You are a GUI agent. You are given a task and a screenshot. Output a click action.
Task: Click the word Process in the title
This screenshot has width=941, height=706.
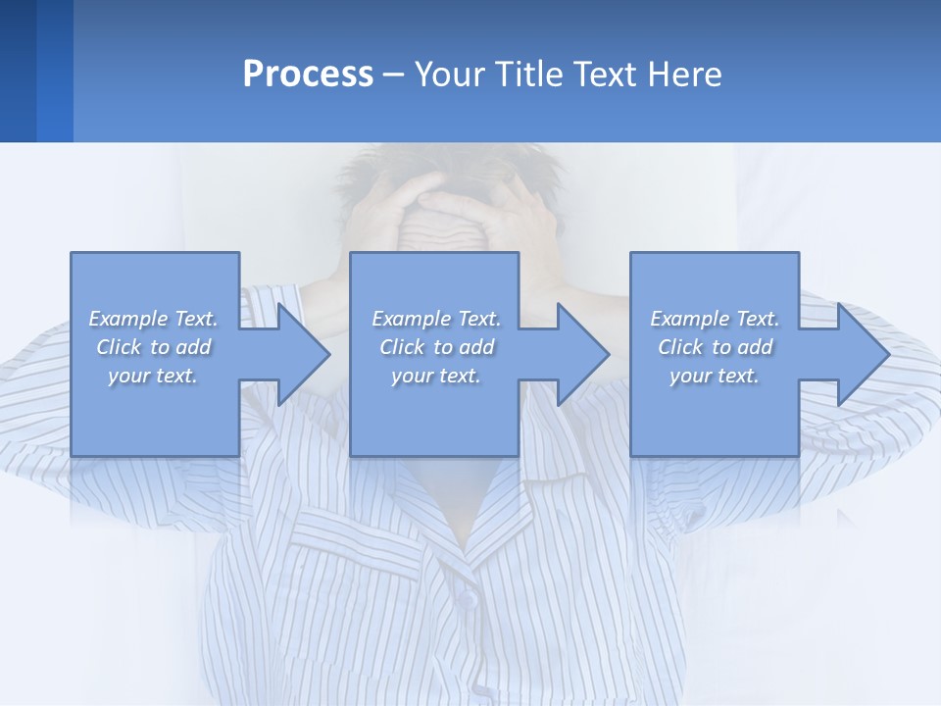click(x=308, y=75)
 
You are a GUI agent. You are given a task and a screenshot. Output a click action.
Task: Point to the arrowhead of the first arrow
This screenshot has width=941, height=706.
click(x=304, y=354)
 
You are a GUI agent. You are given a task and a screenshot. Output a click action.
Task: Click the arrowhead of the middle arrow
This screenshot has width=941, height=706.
click(x=583, y=354)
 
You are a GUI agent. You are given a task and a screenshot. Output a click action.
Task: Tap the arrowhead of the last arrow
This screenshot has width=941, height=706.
click(x=863, y=354)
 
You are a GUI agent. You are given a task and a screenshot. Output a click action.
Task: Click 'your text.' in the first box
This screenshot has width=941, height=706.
click(x=153, y=376)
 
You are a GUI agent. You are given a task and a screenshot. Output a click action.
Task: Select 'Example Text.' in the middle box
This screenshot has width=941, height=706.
click(x=436, y=319)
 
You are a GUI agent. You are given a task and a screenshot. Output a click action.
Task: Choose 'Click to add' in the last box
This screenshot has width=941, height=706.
click(x=716, y=347)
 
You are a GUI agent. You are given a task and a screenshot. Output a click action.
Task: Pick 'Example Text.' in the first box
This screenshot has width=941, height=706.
click(x=153, y=319)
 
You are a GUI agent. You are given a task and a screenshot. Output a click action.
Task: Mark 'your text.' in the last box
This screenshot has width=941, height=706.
click(x=715, y=376)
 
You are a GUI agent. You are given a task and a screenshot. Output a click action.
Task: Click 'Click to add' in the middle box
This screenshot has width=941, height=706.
click(x=436, y=347)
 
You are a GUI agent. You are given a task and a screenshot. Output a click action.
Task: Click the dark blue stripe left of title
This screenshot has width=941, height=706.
click(x=18, y=71)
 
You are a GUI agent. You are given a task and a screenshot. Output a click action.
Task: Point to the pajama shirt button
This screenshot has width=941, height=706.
click(x=468, y=597)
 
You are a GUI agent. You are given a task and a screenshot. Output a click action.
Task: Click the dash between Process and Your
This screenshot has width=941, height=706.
click(x=393, y=76)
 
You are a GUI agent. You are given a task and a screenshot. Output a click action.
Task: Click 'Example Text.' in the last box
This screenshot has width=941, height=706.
click(x=715, y=319)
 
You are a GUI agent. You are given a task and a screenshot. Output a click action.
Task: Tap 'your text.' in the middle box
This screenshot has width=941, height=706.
click(x=436, y=376)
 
